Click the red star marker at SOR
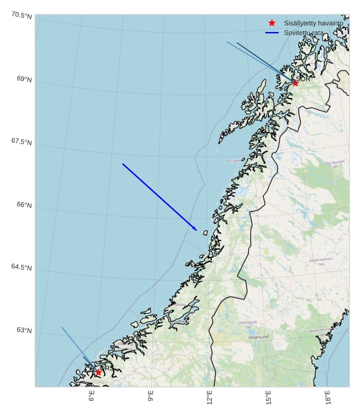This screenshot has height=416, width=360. pyautogui.click(x=295, y=83)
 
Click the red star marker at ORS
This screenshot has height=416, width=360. pyautogui.click(x=98, y=372)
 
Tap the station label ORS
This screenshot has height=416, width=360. pyautogui.click(x=104, y=367)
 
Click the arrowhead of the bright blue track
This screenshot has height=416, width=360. pyautogui.click(x=195, y=229)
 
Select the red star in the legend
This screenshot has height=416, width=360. pyautogui.click(x=272, y=22)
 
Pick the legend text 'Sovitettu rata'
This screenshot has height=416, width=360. pyautogui.click(x=304, y=33)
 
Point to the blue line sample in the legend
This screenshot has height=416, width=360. pyautogui.click(x=272, y=33)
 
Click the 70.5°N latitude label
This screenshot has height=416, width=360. pyautogui.click(x=22, y=15)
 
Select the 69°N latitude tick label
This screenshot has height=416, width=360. pyautogui.click(x=24, y=79)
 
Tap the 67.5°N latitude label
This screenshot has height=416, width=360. pyautogui.click(x=22, y=141)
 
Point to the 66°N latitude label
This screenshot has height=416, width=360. pyautogui.click(x=24, y=204)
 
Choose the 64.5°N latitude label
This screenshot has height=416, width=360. pyautogui.click(x=22, y=267)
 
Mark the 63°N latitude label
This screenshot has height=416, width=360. pyautogui.click(x=24, y=330)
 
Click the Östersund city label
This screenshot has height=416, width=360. pyautogui.click(x=258, y=337)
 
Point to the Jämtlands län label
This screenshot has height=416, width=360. pyautogui.click(x=248, y=325)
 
